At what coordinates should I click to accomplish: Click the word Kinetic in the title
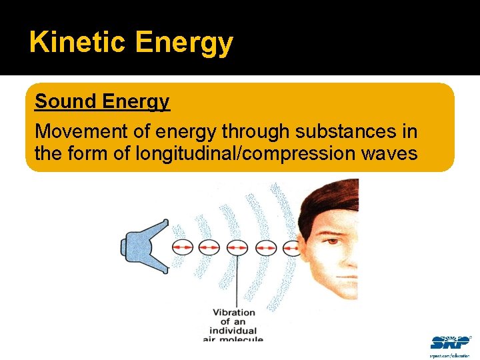click(77, 43)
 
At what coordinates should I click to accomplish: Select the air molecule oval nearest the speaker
click(183, 247)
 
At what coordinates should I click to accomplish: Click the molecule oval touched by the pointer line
click(237, 247)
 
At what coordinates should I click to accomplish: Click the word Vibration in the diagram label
click(234, 312)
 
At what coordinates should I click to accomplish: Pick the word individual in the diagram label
click(233, 331)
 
